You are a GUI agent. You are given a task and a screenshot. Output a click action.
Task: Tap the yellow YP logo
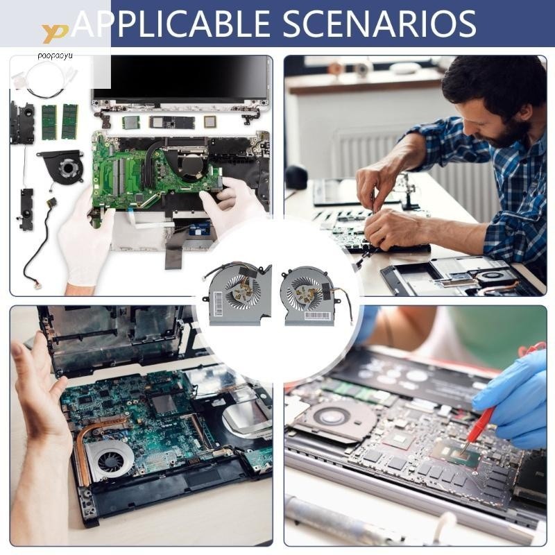pos(55,32)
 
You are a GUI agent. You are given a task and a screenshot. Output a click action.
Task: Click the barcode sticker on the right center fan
pos(317,315)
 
